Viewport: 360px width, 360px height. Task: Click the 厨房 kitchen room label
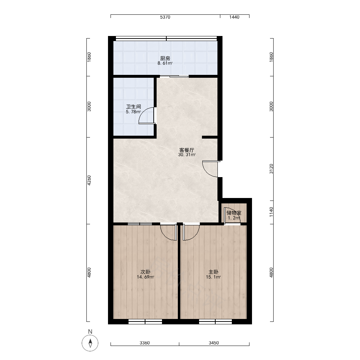[165, 58]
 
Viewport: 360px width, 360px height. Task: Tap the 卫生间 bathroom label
[134, 107]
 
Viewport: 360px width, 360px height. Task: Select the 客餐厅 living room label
[186, 150]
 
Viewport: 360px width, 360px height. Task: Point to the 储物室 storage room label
[234, 213]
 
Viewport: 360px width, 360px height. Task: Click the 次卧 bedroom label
[145, 272]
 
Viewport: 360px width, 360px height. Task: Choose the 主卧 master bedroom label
[213, 272]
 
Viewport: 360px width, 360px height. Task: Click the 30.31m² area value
[187, 155]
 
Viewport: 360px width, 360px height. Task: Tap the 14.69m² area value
[145, 277]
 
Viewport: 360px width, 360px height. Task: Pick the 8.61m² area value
[165, 63]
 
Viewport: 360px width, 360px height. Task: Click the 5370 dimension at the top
[165, 17]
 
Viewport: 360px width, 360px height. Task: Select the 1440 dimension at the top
[234, 17]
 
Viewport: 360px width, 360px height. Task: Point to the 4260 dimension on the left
[89, 181]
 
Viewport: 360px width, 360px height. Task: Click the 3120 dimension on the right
[271, 169]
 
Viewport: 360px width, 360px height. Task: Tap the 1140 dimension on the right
[271, 212]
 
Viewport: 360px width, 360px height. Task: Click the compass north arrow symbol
[90, 343]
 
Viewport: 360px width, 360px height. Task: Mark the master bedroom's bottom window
[215, 322]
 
